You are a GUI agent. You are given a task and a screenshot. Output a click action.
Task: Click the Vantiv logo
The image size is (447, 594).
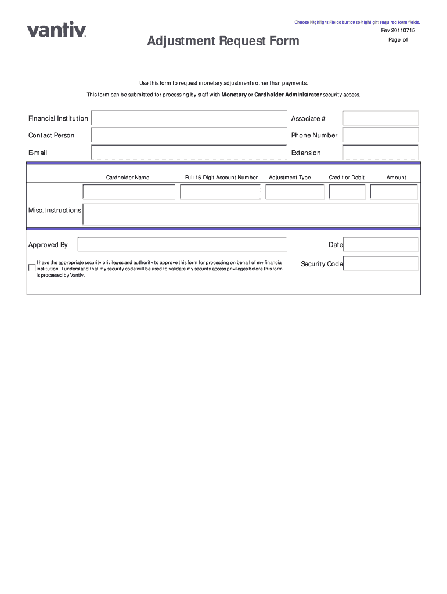point(56,29)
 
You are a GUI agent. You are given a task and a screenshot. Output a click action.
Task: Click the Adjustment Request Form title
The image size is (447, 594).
point(223,41)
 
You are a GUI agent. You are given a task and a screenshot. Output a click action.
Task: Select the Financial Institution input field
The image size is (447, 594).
point(189,118)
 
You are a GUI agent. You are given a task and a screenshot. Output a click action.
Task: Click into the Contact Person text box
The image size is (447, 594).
point(189,135)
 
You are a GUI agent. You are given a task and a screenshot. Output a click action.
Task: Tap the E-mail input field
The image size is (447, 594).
point(189,153)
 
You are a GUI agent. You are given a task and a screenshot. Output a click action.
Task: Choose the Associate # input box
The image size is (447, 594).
point(380,118)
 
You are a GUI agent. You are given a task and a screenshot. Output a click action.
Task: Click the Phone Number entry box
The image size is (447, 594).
point(380,135)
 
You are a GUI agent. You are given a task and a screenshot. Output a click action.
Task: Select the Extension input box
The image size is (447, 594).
point(380,153)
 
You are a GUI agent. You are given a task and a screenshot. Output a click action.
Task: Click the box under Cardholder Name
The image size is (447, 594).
point(129,192)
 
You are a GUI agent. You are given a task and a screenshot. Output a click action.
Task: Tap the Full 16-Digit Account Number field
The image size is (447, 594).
point(221,192)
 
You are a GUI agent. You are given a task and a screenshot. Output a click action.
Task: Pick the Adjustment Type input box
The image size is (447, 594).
point(295,192)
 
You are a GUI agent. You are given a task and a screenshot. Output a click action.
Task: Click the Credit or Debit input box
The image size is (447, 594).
point(347,192)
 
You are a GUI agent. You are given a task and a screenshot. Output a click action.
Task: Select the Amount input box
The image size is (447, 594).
point(394,192)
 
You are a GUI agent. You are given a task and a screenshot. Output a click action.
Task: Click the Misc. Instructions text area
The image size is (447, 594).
point(250,214)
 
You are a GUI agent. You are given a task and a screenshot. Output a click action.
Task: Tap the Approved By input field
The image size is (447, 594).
point(182,244)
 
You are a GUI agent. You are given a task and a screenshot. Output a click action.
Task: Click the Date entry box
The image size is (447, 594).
point(381,244)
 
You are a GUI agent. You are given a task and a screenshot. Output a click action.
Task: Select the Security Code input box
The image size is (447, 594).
point(381,264)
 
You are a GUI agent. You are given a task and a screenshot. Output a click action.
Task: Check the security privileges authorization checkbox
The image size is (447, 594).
point(32,267)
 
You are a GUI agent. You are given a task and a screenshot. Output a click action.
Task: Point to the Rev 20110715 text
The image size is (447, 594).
point(398,30)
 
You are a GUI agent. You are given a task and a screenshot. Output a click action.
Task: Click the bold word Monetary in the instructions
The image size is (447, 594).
point(234,95)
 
